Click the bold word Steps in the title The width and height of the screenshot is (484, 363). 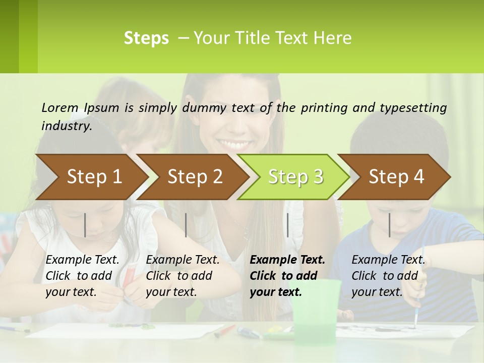point(146,38)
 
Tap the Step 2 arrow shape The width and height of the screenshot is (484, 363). point(192,177)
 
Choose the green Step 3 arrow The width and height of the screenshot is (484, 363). point(293,177)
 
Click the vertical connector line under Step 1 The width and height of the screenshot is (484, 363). point(85,225)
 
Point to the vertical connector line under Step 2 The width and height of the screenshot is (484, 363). point(186,225)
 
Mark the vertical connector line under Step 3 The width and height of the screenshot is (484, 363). point(287,225)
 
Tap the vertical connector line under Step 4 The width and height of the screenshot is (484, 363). point(390,225)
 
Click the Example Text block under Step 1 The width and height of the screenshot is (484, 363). point(82,276)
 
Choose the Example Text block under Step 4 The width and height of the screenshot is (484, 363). point(388,276)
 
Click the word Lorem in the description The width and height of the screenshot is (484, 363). point(60,107)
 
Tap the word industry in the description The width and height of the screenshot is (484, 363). point(66,126)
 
